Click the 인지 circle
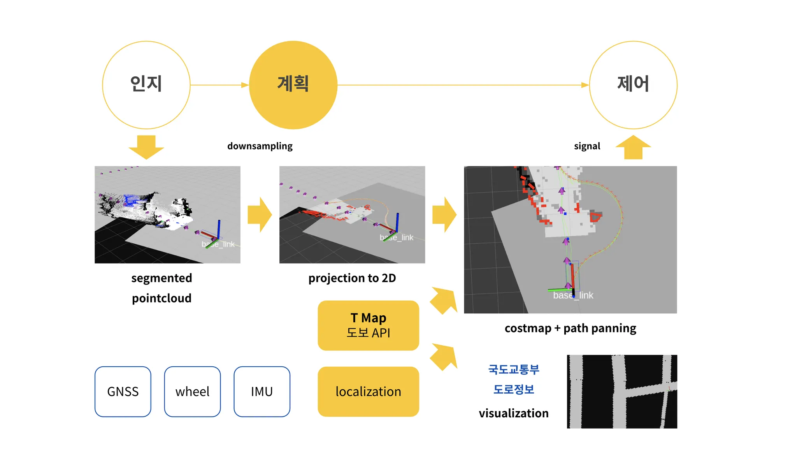(x=146, y=85)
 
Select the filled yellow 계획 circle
(x=293, y=85)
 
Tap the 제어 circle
(x=633, y=85)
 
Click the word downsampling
(x=260, y=146)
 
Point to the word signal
(x=587, y=146)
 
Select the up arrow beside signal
(x=633, y=147)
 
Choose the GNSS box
(x=123, y=391)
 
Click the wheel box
(x=192, y=391)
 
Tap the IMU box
(x=262, y=391)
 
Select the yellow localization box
(x=368, y=391)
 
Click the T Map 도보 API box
(x=368, y=325)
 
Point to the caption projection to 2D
(x=352, y=278)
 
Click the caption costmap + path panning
(x=570, y=328)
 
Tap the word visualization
(x=514, y=413)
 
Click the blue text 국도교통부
(x=514, y=369)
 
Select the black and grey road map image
(x=622, y=391)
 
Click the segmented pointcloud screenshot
(x=167, y=214)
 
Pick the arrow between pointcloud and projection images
(x=260, y=214)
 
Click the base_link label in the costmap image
(x=573, y=295)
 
